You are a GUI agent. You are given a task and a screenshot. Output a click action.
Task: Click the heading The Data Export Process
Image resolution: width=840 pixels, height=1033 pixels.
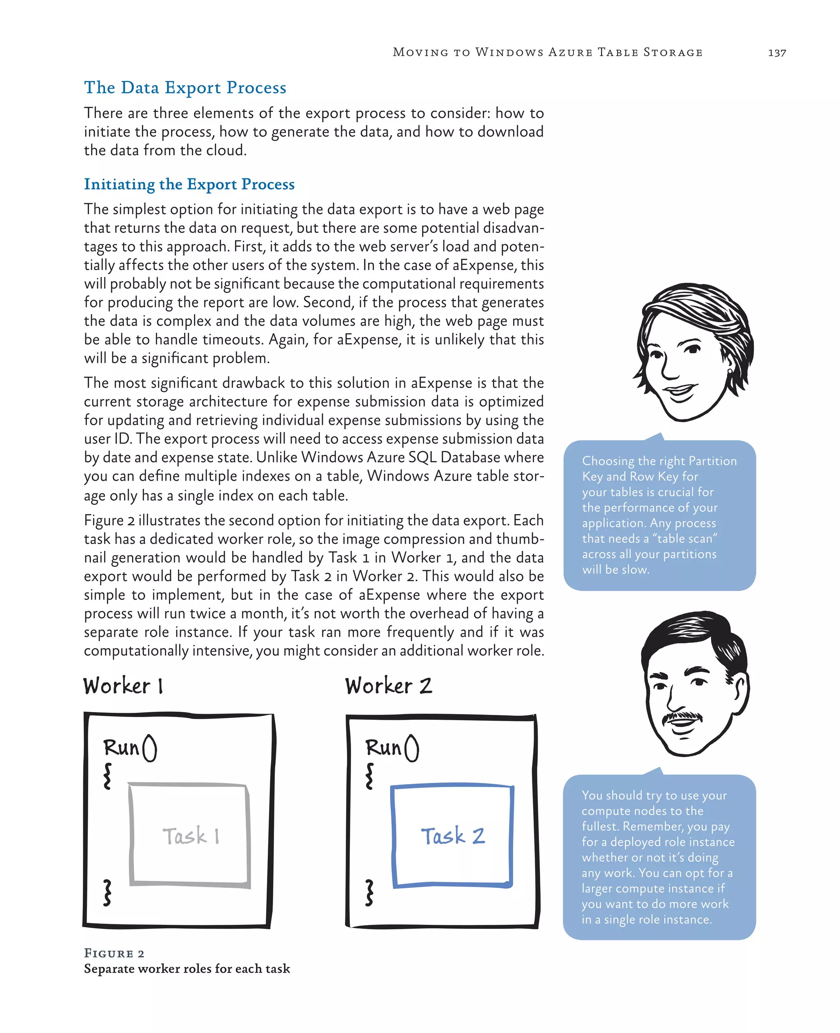pos(185,88)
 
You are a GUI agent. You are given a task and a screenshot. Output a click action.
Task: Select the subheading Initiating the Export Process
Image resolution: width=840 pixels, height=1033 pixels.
pos(189,184)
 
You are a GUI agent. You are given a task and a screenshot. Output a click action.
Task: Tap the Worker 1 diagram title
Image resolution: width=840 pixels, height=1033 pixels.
pos(123,686)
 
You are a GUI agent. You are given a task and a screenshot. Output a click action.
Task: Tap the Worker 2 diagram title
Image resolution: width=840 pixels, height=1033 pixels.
pos(388,686)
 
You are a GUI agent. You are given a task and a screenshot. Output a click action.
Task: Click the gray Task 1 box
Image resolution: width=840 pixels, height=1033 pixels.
pos(189,835)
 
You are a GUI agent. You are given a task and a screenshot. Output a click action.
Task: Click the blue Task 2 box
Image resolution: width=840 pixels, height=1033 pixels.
pos(452,835)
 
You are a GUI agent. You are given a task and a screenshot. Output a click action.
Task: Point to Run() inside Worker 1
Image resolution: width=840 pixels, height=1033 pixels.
pos(130,748)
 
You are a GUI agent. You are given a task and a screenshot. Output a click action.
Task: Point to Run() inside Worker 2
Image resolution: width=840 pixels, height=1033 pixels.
pos(392,748)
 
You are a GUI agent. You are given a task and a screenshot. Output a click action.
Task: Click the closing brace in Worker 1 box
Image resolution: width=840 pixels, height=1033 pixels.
pos(107,892)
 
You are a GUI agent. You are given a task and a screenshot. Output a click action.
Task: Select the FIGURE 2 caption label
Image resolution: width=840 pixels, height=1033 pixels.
pos(114,953)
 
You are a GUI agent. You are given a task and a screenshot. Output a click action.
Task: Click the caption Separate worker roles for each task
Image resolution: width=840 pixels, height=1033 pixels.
pos(187,969)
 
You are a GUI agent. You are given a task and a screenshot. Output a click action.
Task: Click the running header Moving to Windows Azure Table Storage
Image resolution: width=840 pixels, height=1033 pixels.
pos(547,52)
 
